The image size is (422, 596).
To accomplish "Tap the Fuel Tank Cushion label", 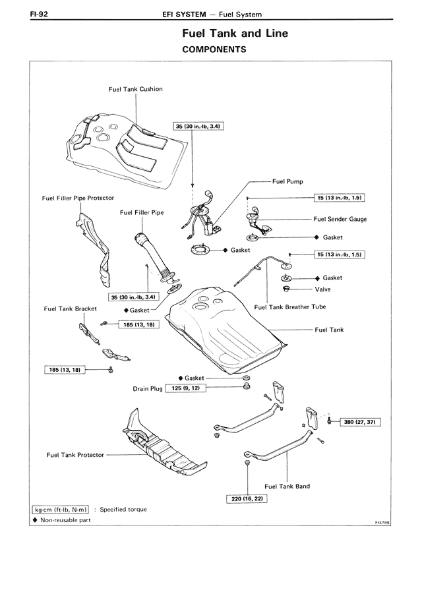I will tap(136, 88).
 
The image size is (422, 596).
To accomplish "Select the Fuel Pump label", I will tap(287, 181).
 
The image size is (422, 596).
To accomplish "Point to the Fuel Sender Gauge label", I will tap(340, 220).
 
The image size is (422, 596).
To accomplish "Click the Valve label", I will tap(322, 289).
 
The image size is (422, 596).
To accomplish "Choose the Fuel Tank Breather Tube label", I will tap(289, 307).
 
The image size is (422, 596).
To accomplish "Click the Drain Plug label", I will tap(147, 389).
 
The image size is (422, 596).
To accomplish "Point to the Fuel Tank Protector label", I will tap(76, 455).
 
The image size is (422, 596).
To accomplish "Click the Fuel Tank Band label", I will tap(287, 487).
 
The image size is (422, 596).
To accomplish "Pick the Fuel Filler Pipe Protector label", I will tap(78, 198).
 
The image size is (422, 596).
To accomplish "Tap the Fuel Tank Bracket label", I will tap(69, 308).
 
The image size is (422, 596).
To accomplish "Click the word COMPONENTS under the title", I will tap(214, 49).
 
